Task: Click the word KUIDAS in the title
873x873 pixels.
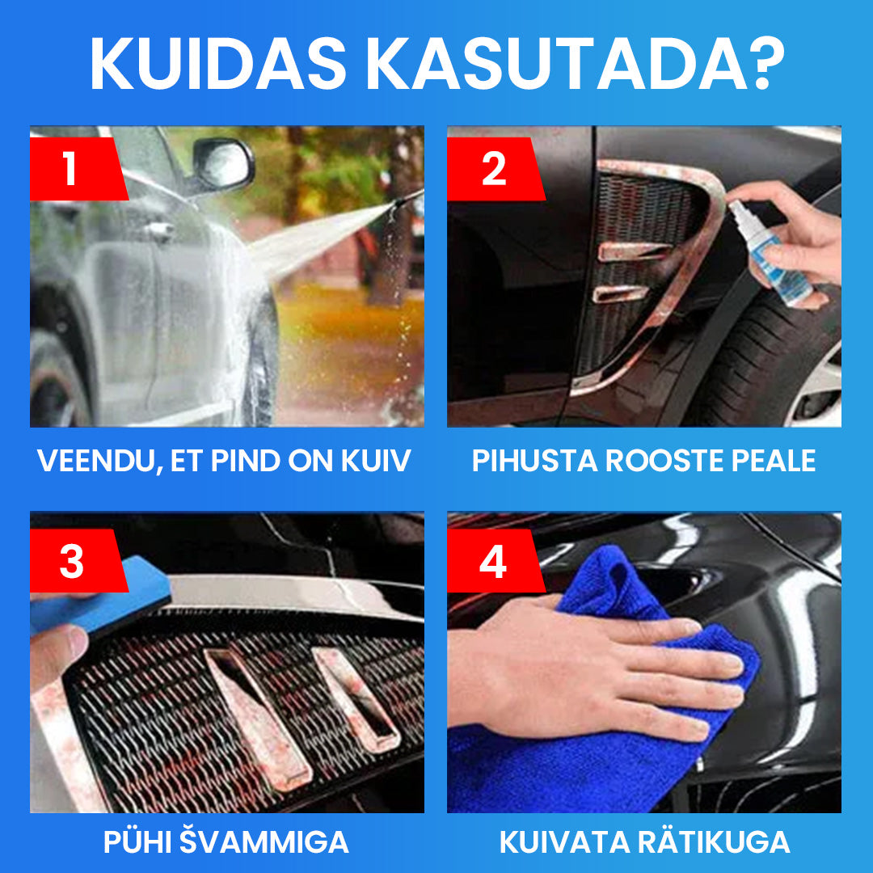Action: point(218,63)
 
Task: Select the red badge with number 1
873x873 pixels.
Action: point(78,169)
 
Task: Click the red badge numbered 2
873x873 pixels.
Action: point(496,169)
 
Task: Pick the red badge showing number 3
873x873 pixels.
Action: point(78,560)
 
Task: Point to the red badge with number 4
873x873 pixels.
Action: point(496,560)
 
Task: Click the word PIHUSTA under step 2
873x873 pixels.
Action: point(534,461)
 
